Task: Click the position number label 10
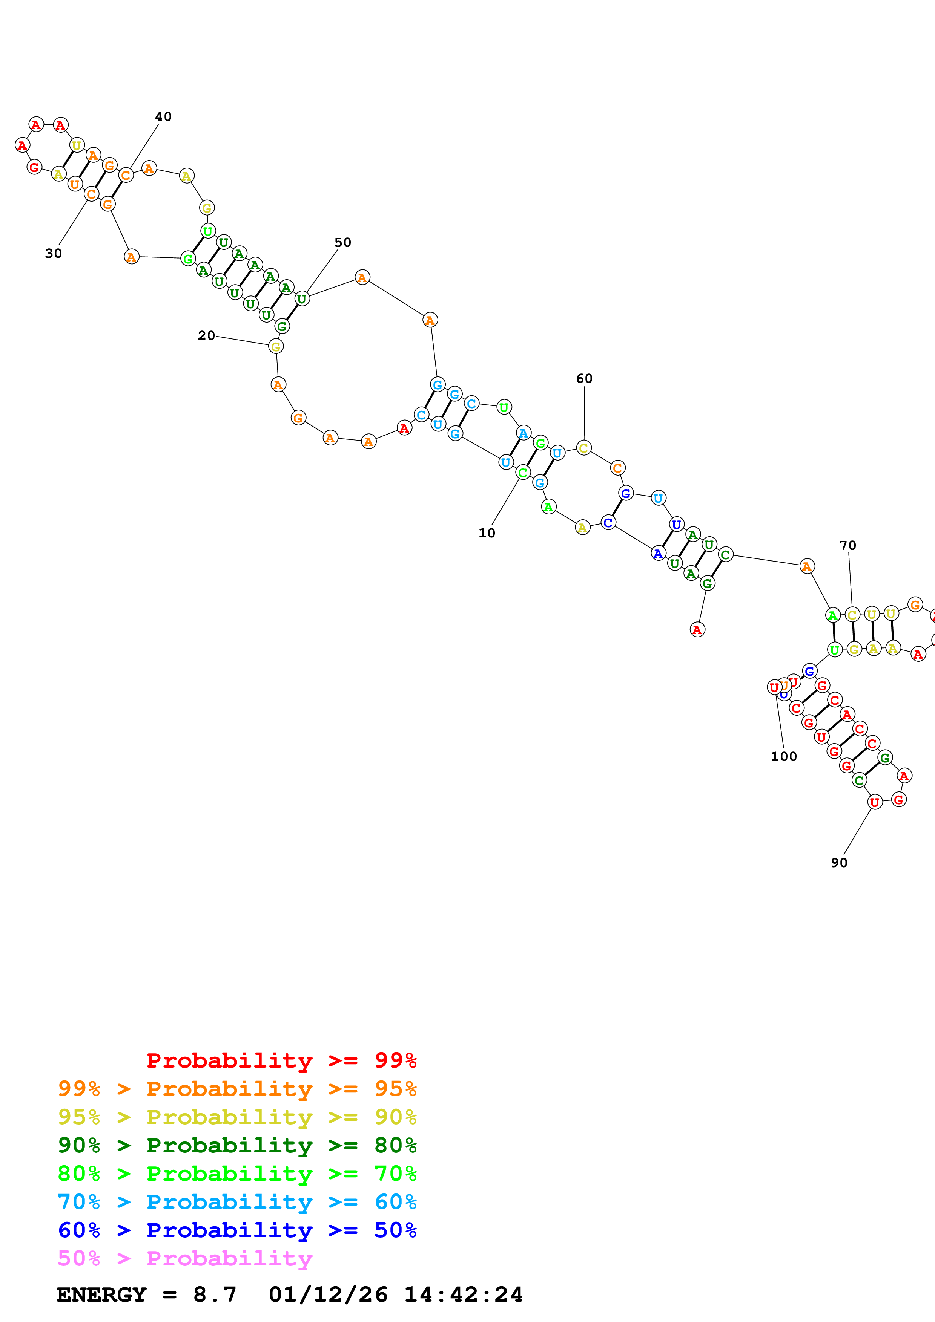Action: [x=487, y=533]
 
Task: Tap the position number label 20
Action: [x=206, y=336]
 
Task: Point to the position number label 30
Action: [x=54, y=253]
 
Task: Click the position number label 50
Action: [x=343, y=242]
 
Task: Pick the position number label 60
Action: [x=584, y=378]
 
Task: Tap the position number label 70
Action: [x=847, y=545]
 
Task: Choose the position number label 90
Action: [x=839, y=863]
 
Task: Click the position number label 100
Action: [x=783, y=757]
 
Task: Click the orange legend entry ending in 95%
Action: [x=237, y=1089]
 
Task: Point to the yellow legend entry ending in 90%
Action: [x=237, y=1117]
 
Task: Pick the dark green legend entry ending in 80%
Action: [x=237, y=1145]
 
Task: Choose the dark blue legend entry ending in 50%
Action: [x=237, y=1230]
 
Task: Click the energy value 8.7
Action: [x=214, y=1294]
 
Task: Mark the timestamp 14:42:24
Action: [x=463, y=1294]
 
